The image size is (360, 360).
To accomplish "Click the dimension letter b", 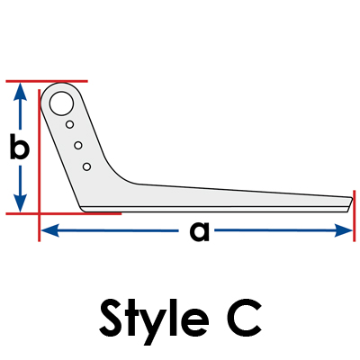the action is coord(20,147).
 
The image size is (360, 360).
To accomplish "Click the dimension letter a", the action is coord(200,231).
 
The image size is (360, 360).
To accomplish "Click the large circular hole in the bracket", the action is coord(61,103).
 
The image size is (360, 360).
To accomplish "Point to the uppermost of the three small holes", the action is coord(70,124).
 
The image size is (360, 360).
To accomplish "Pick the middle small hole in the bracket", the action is coord(78,146).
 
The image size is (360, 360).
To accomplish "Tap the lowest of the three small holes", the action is coord(86,166).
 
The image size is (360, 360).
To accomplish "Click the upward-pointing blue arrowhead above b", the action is coord(20,92).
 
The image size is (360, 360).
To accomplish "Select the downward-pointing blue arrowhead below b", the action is coord(20,203).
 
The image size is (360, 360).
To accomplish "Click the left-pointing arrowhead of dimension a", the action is coord(49,230).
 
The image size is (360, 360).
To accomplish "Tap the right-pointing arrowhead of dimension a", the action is coord(343,230).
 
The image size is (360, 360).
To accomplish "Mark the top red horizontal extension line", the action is coord(47,81).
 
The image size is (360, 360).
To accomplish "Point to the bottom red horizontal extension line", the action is coord(64,213).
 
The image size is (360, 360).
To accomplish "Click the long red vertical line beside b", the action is coord(40,165).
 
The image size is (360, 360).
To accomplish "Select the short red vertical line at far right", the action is coord(355,216).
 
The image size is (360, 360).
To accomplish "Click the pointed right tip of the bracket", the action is coord(352,198).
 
